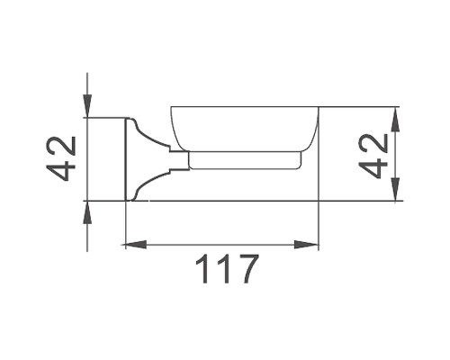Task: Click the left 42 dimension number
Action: pos(60,158)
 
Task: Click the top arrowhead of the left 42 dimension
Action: pos(86,109)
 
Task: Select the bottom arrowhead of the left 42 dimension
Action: pos(86,209)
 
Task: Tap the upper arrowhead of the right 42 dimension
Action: pos(395,115)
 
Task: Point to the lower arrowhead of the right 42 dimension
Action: pos(395,192)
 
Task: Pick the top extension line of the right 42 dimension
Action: pos(360,107)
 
